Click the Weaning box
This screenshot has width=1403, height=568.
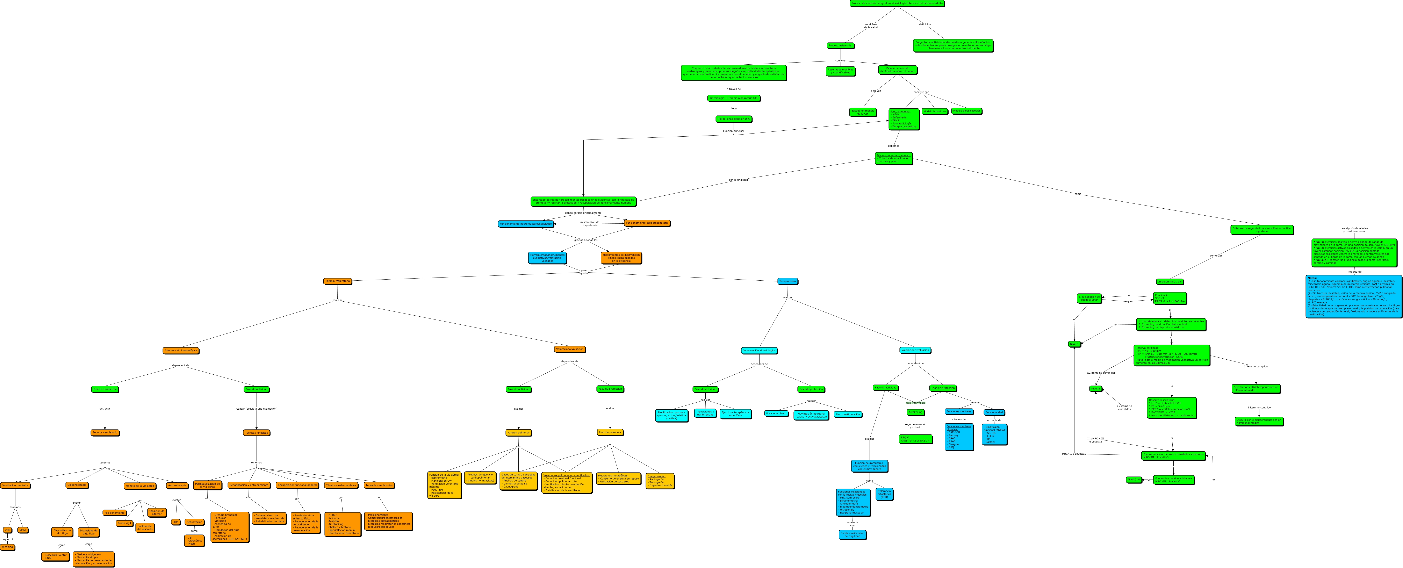(7, 547)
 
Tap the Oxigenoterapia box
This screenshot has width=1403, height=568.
(77, 485)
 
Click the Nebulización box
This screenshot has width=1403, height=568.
(194, 522)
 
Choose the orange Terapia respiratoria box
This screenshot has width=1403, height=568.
(337, 281)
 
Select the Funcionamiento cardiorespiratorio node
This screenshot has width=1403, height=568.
(647, 223)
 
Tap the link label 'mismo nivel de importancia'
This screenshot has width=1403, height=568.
(589, 223)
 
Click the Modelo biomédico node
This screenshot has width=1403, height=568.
(935, 111)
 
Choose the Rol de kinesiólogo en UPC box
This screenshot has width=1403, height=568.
(734, 119)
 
